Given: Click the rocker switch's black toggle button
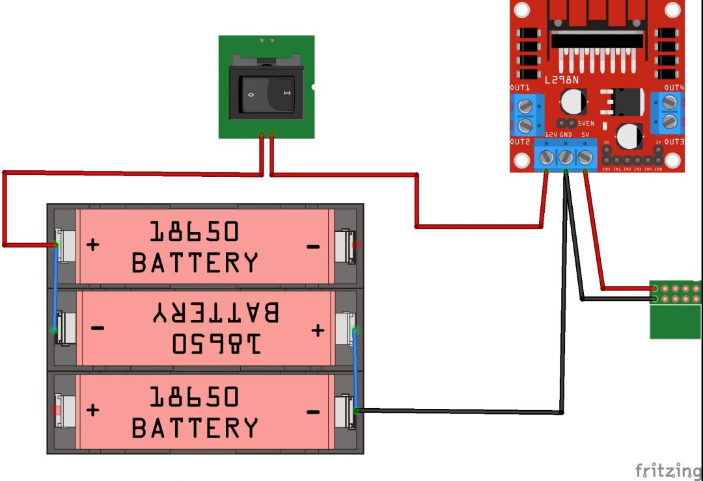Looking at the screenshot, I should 266,95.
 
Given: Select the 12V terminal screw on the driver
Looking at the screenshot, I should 547,156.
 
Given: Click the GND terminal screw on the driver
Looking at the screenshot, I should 566,156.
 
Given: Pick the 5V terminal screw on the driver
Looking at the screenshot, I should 585,156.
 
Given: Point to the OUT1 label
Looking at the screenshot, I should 519,87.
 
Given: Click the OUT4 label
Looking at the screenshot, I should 674,87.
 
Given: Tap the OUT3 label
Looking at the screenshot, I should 674,141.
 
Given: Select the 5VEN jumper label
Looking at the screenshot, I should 586,122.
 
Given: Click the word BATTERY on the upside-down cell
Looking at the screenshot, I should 215,313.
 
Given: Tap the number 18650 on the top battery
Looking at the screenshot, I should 195,231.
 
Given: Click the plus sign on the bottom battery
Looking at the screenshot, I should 93,410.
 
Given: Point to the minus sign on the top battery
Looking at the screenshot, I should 312,246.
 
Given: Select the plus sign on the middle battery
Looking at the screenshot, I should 317,330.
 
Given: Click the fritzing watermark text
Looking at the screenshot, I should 669,469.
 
